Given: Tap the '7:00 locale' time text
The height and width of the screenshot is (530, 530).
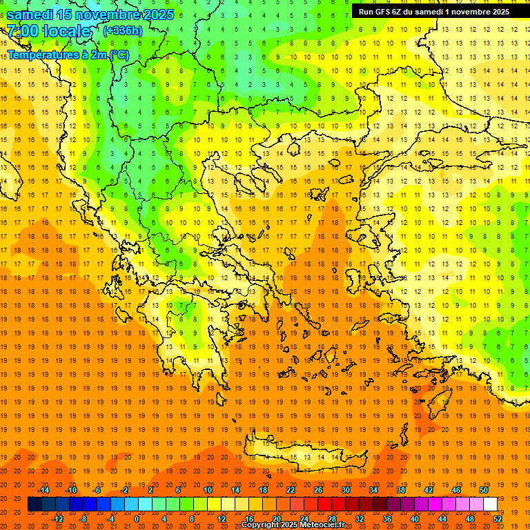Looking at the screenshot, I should pyautogui.click(x=48, y=31).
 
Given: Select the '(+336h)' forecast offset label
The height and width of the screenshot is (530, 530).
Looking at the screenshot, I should pyautogui.click(x=123, y=30).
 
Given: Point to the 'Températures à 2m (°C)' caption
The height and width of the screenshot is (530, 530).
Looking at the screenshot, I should pyautogui.click(x=68, y=55).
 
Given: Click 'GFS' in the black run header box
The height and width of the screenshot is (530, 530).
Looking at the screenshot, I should pyautogui.click(x=384, y=12).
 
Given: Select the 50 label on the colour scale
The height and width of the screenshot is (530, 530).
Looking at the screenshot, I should pyautogui.click(x=483, y=490).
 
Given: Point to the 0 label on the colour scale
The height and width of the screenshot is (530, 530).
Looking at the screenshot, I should pyautogui.click(x=137, y=519).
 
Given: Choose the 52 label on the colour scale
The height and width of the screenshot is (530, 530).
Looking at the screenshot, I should pyautogui.click(x=498, y=519).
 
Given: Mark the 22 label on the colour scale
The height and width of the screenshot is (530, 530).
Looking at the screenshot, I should pyautogui.click(x=291, y=490).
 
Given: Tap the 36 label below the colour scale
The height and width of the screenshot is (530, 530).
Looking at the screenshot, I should pyautogui.click(x=386, y=519).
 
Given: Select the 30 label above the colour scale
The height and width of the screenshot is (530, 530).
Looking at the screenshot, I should pyautogui.click(x=346, y=490).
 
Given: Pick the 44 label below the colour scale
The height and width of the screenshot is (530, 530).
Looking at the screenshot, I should pyautogui.click(x=442, y=519).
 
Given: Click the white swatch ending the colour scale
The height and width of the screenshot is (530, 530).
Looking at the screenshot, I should pyautogui.click(x=490, y=504).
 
